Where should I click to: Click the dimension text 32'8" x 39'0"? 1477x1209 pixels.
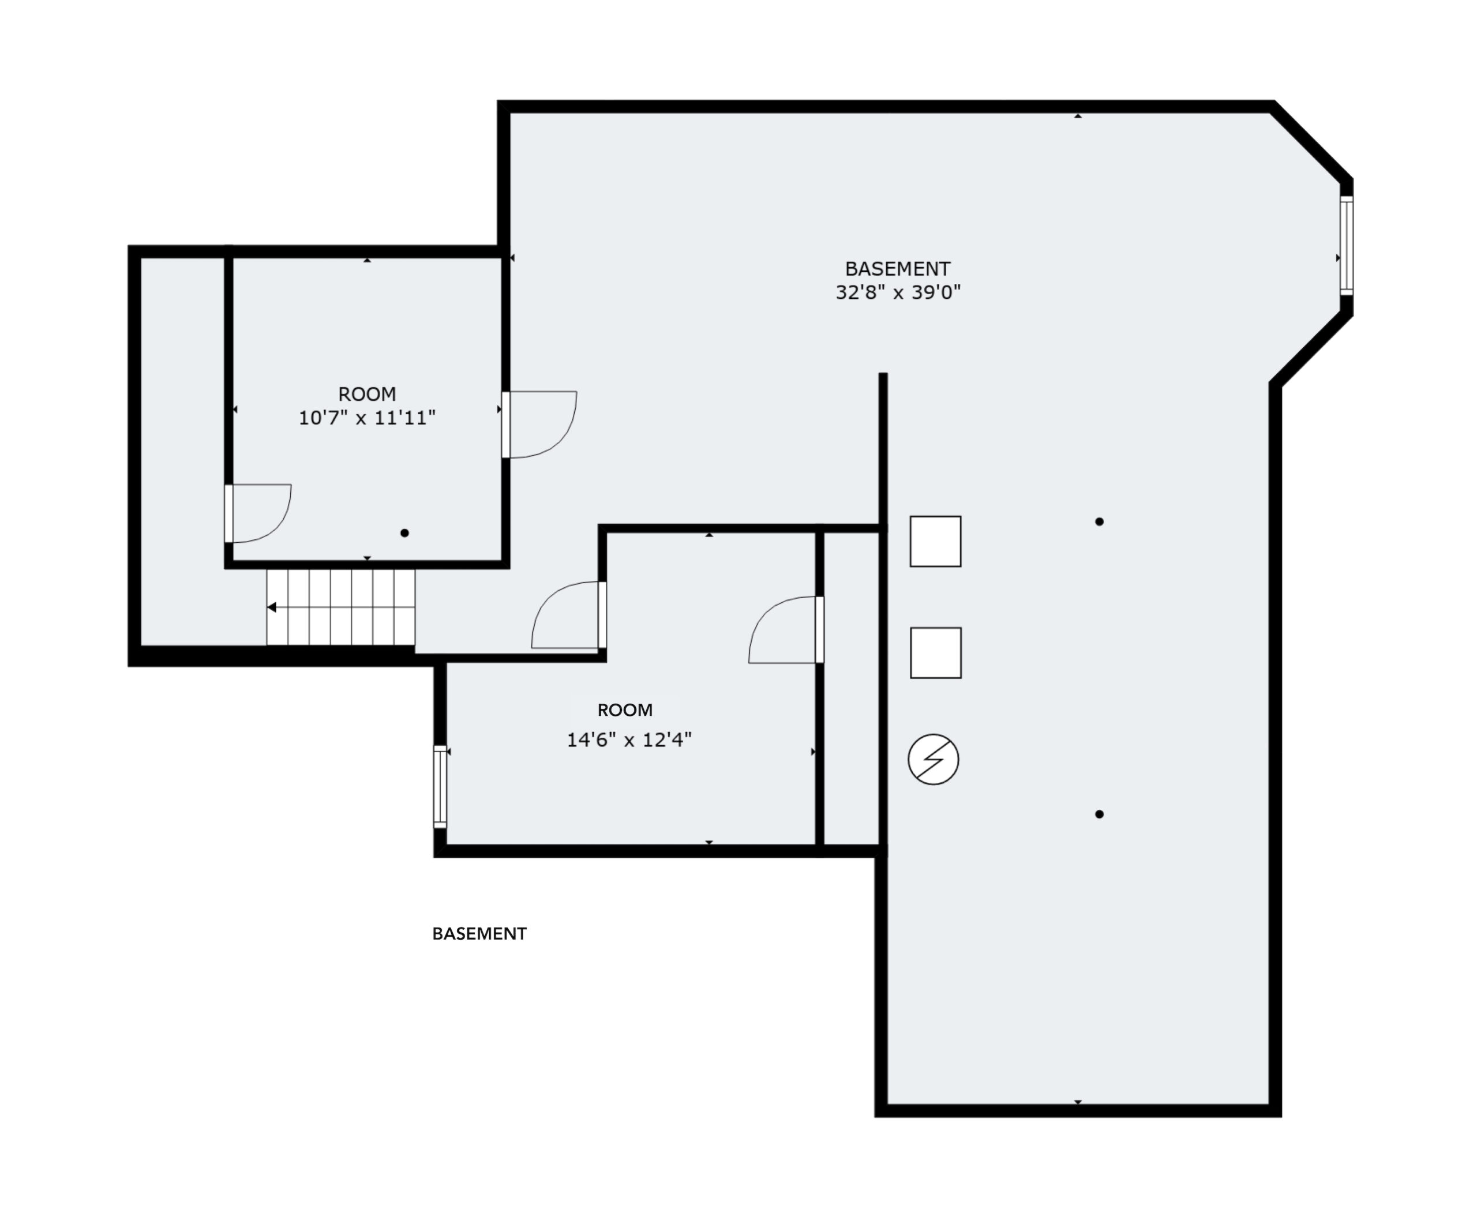click(898, 292)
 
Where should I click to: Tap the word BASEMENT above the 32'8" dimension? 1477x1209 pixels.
click(897, 269)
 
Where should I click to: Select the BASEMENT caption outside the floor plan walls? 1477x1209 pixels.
click(479, 934)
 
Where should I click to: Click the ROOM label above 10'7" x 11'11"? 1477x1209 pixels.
click(367, 394)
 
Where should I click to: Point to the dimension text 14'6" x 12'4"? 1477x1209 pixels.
click(629, 739)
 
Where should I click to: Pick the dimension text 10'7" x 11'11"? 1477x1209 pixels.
click(367, 418)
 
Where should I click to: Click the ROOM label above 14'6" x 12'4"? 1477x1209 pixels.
click(625, 711)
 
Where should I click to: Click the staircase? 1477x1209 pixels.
click(340, 607)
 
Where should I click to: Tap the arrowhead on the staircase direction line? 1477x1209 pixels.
click(272, 607)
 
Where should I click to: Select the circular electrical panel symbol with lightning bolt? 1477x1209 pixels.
click(934, 759)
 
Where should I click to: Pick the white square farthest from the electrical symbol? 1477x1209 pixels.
click(936, 541)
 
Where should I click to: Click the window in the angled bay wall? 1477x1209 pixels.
click(1346, 246)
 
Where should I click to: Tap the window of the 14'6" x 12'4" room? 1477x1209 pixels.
click(440, 786)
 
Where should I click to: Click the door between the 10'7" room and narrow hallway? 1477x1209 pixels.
click(258, 513)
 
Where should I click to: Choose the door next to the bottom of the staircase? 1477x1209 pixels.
click(568, 615)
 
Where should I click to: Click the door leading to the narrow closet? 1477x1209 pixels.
click(786, 629)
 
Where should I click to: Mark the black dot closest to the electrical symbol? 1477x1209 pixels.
click(1100, 814)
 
